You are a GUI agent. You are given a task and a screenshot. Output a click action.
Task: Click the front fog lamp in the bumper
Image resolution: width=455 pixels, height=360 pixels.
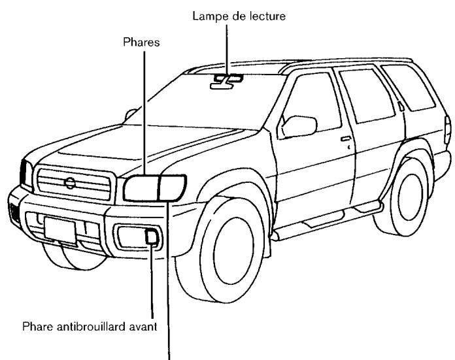[x=150, y=238]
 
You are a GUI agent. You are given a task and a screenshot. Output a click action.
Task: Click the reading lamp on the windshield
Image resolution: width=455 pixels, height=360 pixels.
[x=226, y=80]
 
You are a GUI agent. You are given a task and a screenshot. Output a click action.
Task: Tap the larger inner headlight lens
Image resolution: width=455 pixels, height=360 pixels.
[x=140, y=188]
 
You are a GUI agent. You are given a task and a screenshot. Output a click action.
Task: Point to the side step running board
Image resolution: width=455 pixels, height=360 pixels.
[x=327, y=219]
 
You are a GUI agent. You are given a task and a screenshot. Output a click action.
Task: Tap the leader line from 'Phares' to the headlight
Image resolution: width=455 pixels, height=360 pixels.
[x=146, y=111]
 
